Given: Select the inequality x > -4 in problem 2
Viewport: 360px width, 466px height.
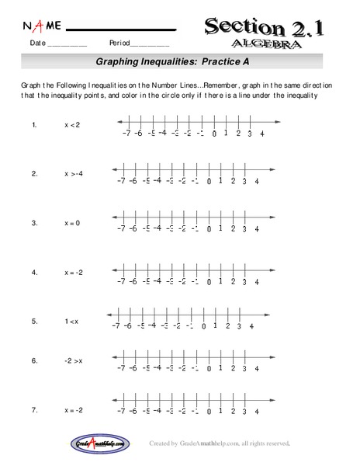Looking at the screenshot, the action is coord(74,174).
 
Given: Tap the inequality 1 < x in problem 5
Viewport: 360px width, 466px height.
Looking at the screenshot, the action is coord(72,320).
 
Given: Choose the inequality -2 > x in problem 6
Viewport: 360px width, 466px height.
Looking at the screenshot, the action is coord(74,361).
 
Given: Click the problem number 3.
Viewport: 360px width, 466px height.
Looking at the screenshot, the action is coord(34,223).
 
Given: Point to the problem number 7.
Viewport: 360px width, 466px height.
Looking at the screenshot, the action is coord(34,409).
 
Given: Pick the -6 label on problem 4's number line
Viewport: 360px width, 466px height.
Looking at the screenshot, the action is coord(133,280).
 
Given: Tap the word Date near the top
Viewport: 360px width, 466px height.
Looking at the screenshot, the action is coord(38,43).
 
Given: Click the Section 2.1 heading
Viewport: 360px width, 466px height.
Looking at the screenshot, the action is coord(265,27).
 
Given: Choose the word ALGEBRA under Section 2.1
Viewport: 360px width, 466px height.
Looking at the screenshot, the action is coord(268,44).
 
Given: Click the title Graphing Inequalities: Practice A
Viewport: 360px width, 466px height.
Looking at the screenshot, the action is coord(170,61).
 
